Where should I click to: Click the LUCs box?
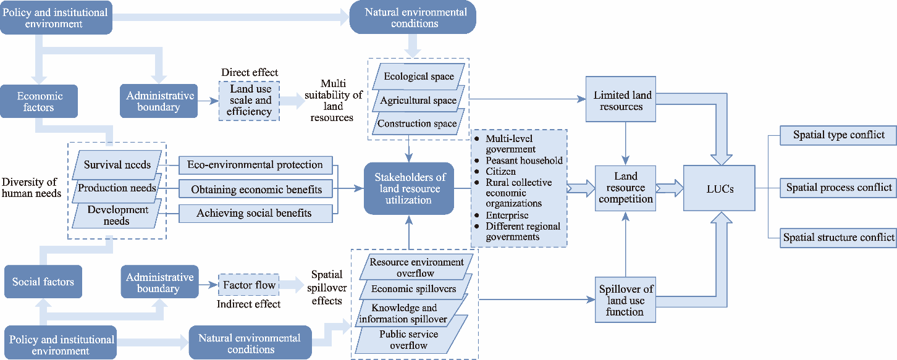coord(719,188)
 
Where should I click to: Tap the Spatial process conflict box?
coord(838,187)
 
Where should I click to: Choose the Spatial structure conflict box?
coord(838,237)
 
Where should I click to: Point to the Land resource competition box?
coord(625,188)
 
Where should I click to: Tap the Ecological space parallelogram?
coord(419,77)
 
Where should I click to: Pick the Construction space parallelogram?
coord(417,123)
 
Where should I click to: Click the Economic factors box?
coord(40,101)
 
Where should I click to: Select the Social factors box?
coord(43,282)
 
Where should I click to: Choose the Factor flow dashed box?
coord(249,285)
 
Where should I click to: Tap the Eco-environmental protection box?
coord(255,165)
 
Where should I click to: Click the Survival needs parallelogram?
coord(117,165)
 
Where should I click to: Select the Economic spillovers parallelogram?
coord(414,289)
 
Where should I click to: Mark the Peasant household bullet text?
coord(524,161)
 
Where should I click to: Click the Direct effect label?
coord(250,73)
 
